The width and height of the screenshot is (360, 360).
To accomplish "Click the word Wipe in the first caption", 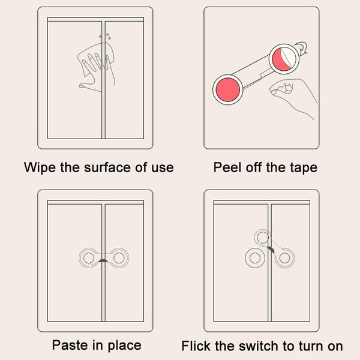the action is click(x=40, y=167).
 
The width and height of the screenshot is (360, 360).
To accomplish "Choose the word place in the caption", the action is click(x=124, y=346).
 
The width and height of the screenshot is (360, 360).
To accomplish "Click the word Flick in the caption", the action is click(x=196, y=346).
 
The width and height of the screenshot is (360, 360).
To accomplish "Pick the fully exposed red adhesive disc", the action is click(x=228, y=89).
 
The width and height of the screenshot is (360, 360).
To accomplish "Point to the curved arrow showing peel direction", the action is click(x=302, y=49).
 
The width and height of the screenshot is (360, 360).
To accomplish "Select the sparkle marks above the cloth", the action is click(x=105, y=36).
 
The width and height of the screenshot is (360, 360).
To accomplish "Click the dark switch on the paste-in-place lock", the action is click(x=103, y=260).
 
